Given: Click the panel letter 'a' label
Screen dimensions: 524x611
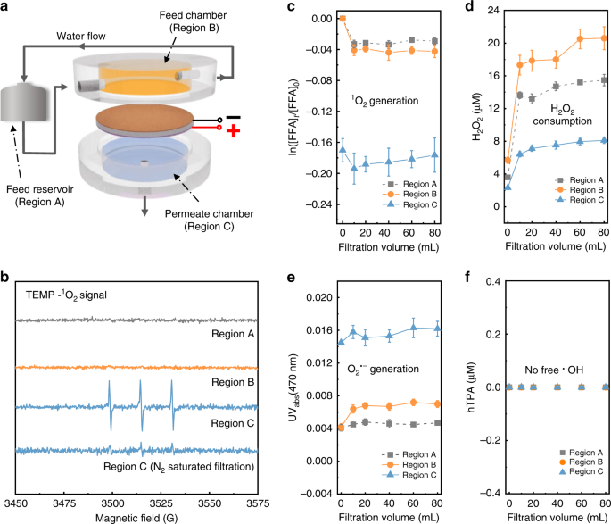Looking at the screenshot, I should coord(6,8).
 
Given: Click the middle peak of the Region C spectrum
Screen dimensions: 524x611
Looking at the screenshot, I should coord(140,406).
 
